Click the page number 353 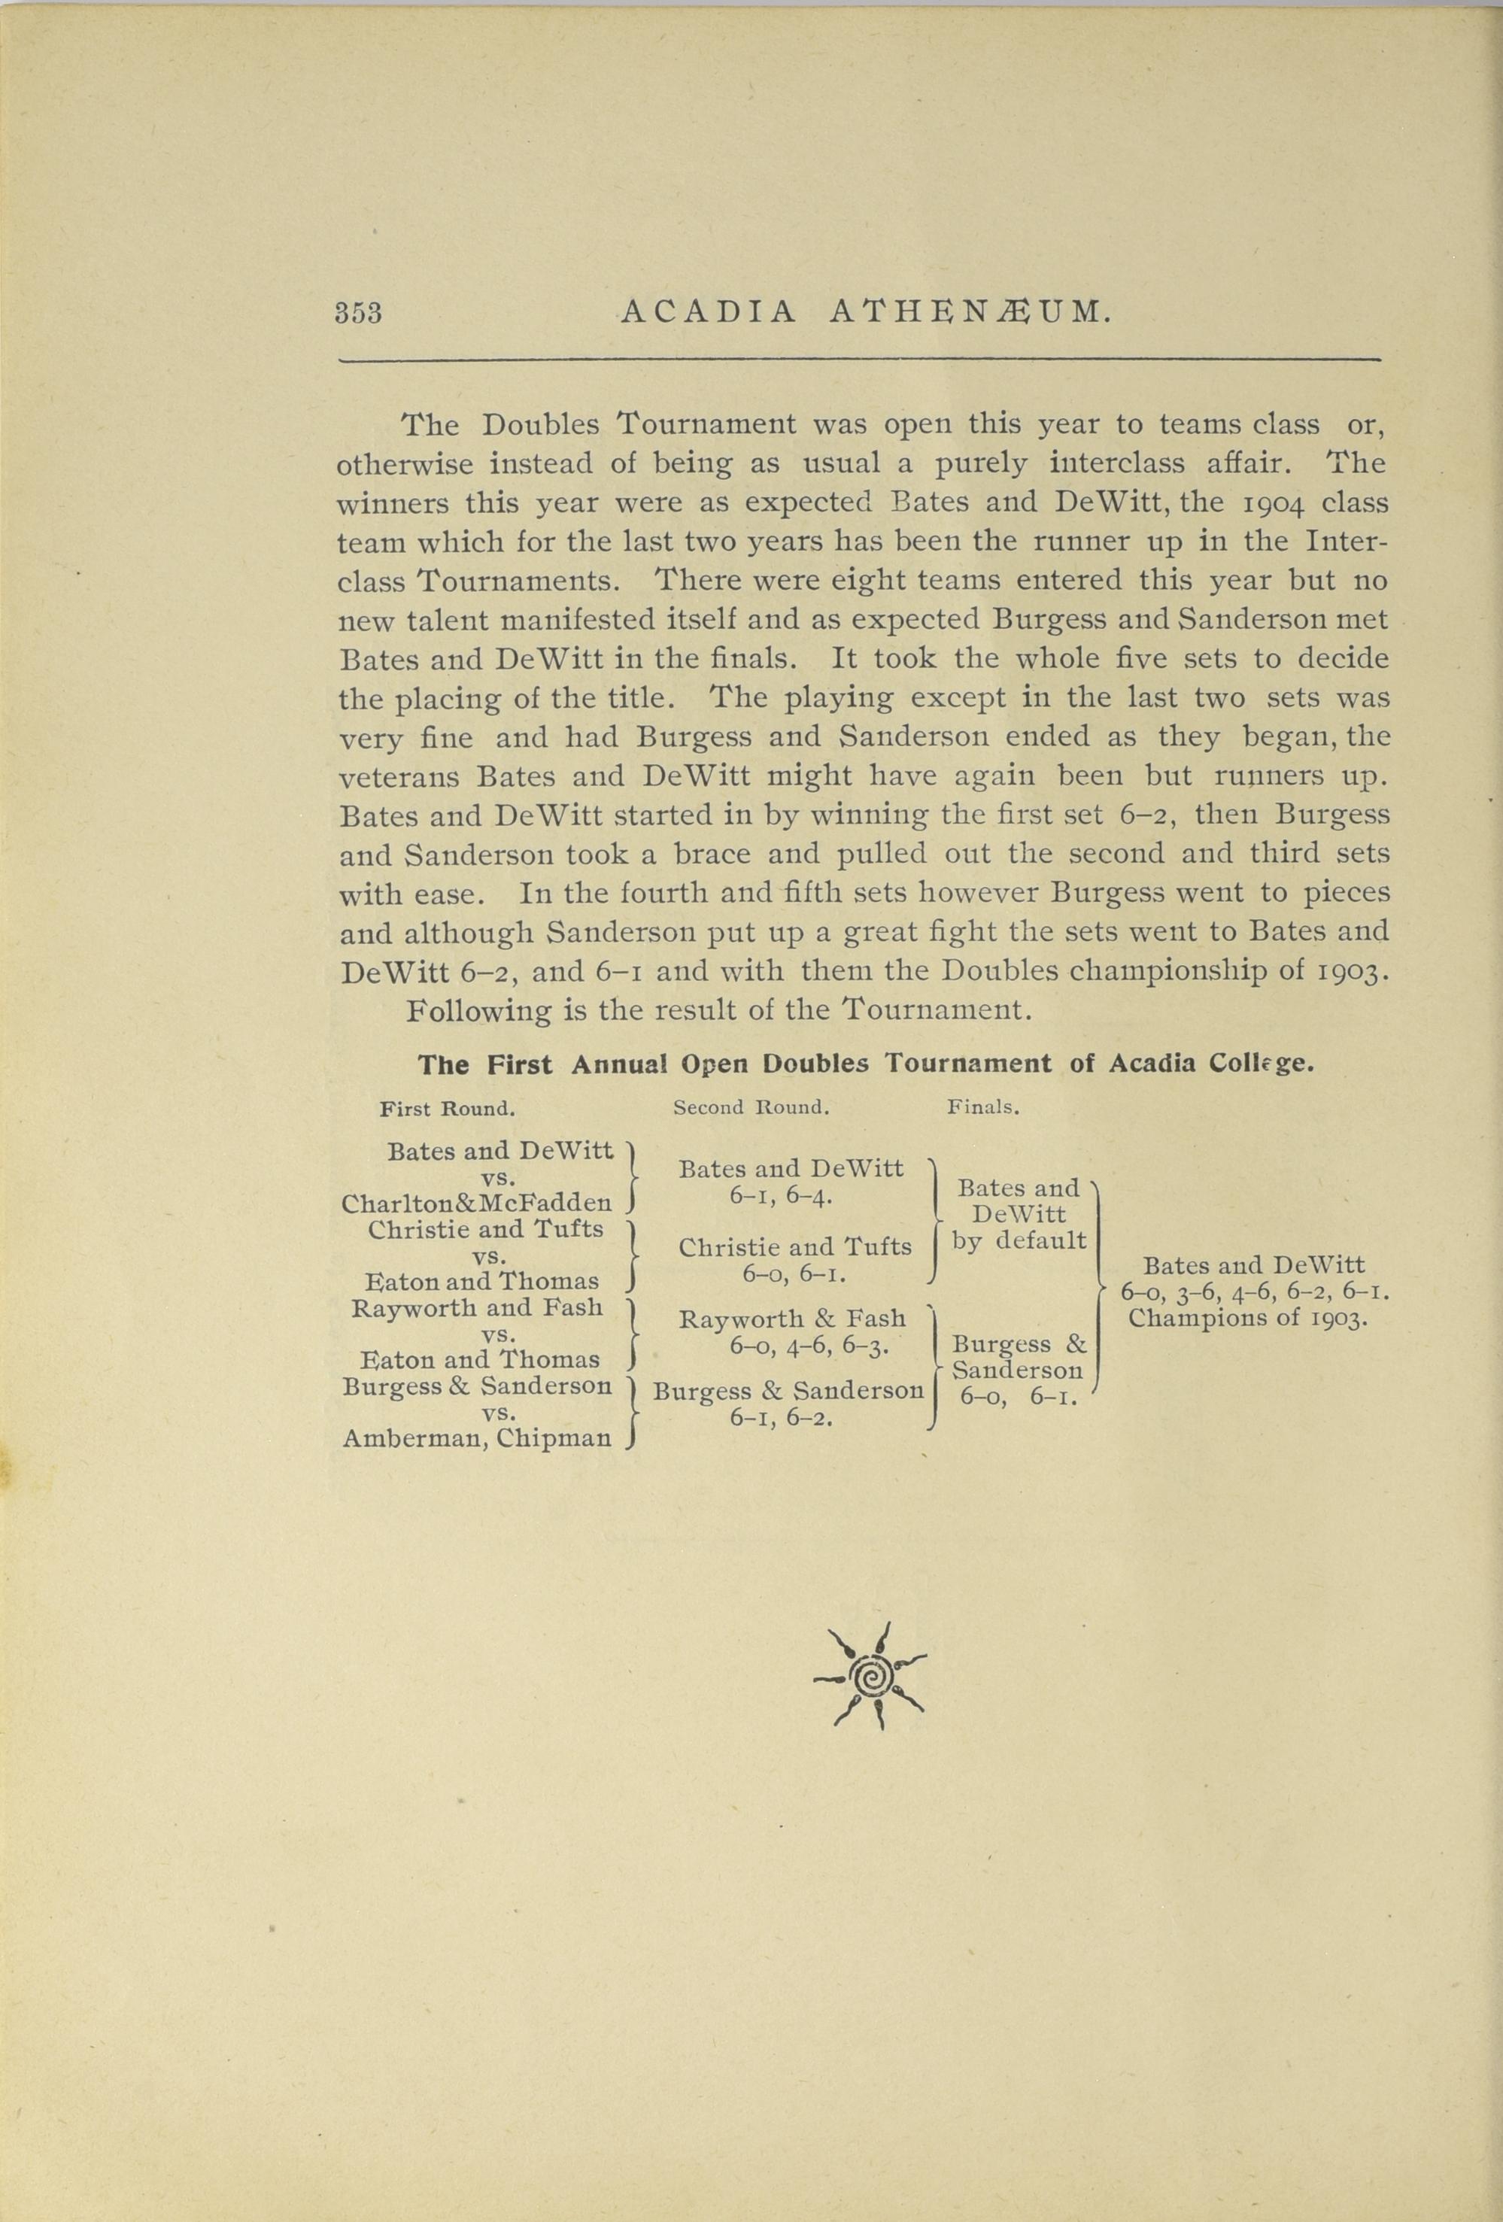coord(359,314)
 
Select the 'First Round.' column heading coord(448,1109)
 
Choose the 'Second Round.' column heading coord(751,1108)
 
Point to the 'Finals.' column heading coord(983,1108)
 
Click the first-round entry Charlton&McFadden coord(476,1204)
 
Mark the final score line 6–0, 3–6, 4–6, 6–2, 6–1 coord(1255,1293)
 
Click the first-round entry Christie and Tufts coord(486,1230)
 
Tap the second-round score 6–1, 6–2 coord(781,1417)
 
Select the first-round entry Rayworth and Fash coord(477,1307)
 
